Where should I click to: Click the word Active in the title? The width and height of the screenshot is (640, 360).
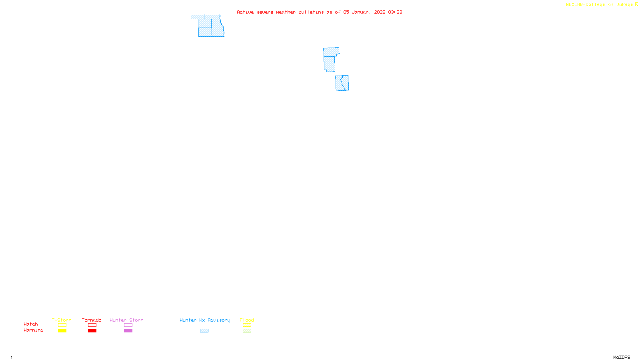[x=245, y=12]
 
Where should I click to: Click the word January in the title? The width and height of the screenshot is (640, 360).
[x=361, y=12]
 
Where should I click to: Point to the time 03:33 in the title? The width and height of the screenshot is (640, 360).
[x=395, y=12]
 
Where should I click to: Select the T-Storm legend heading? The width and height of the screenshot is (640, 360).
[x=62, y=320]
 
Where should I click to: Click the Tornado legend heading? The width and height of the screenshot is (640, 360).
[x=92, y=320]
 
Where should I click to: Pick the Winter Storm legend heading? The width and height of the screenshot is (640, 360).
[x=126, y=320]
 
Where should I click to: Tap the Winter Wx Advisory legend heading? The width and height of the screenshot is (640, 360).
[x=205, y=320]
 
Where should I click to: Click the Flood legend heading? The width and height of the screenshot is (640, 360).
[x=247, y=320]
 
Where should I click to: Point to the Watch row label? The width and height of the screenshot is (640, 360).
[x=31, y=324]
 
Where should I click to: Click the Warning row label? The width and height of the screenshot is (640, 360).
[x=33, y=330]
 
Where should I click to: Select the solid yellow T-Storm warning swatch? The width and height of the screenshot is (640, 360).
[x=62, y=331]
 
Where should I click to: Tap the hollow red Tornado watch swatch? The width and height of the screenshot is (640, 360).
[x=92, y=325]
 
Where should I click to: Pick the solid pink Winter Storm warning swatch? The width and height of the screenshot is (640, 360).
[x=128, y=331]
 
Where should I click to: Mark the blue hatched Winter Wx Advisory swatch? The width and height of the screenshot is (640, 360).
[x=204, y=331]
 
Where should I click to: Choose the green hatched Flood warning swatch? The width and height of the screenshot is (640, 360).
[x=247, y=331]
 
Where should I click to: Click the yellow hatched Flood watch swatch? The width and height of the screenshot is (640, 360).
[x=247, y=325]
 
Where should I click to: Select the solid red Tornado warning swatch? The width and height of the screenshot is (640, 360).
[x=92, y=331]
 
